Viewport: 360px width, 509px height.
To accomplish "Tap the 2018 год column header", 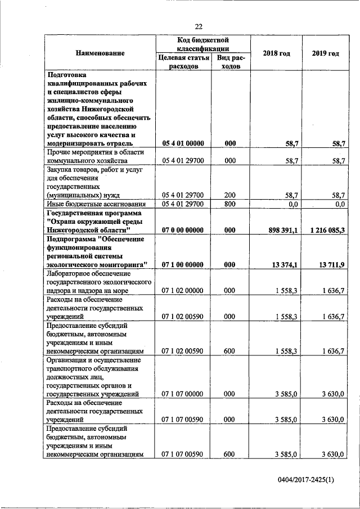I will point(276,53).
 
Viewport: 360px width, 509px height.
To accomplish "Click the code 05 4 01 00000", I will point(182,144).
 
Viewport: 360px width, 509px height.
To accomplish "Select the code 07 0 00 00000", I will point(182,231).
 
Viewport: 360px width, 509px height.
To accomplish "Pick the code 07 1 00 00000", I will point(182,264).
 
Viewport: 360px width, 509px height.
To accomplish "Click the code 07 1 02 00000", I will point(182,290).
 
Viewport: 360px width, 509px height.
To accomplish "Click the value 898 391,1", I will point(280,231).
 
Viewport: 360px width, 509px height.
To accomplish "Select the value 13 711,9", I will point(331,264).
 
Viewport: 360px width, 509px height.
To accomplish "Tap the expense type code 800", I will point(229,204).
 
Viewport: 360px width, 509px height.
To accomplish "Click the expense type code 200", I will point(229,195).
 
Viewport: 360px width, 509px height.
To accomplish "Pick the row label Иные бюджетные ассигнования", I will point(95,204).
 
